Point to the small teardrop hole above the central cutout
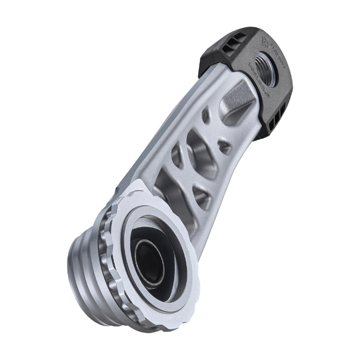[206, 116]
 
